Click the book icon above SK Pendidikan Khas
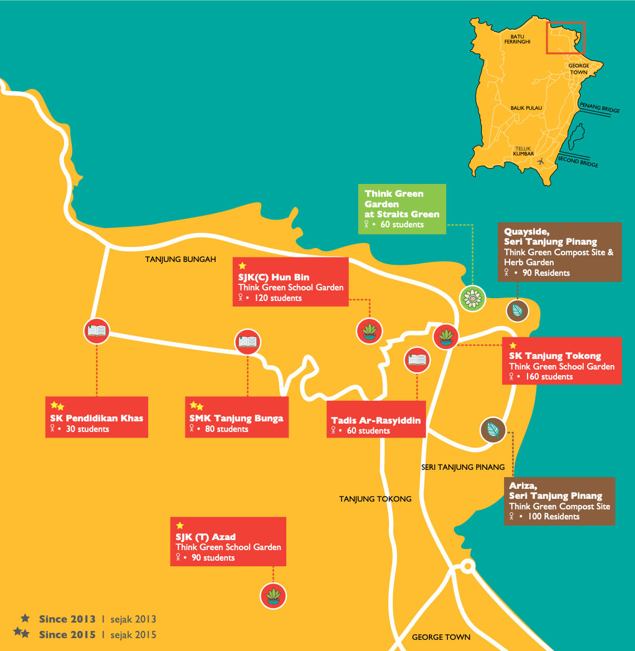coord(97,331)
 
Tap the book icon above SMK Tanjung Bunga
coord(248,342)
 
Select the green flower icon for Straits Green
coord(472,299)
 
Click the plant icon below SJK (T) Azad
coord(273,596)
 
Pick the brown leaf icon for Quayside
coord(517,310)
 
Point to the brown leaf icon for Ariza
coord(493,430)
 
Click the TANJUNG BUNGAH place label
coord(180,259)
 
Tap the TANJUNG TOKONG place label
coord(375,499)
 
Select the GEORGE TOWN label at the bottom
coord(441,637)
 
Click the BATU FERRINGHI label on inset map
coord(517,39)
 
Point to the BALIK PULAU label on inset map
coord(526,108)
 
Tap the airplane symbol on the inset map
coord(540,161)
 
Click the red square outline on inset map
coord(565,38)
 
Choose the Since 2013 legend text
coord(67,619)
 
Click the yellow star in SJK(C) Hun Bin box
coord(242,266)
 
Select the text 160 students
coord(548,377)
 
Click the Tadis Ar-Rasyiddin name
coord(376,420)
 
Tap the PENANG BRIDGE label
coord(599,108)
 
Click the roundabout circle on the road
coord(467,567)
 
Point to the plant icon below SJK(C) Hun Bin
coord(369,331)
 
